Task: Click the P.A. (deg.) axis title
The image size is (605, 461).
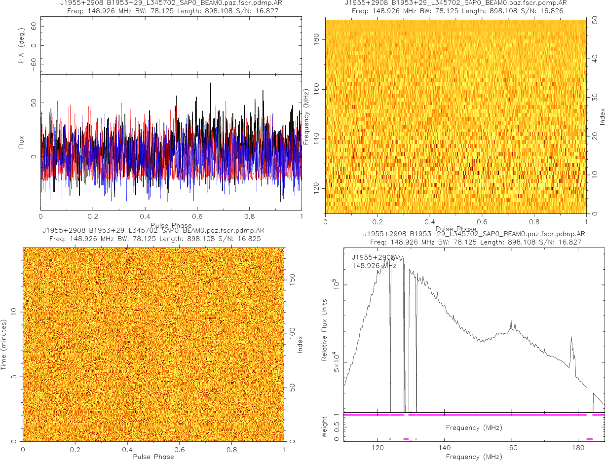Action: [x=21, y=46]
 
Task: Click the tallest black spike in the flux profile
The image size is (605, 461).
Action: [x=211, y=84]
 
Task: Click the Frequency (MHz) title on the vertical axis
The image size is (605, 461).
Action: [x=306, y=117]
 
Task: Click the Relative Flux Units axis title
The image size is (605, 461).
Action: [x=325, y=329]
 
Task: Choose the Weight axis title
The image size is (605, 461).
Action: [x=324, y=427]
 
